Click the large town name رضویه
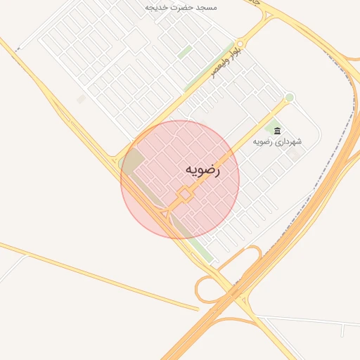(x=202, y=170)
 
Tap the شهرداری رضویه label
(x=279, y=141)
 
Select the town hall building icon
(x=277, y=131)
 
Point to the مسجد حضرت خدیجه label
(x=181, y=7)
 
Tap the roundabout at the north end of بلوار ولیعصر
(x=240, y=44)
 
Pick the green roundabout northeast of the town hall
(x=289, y=97)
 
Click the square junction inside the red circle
(x=185, y=193)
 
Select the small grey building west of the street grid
(x=81, y=100)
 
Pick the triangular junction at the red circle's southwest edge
(x=165, y=212)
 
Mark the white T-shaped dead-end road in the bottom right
(x=342, y=328)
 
